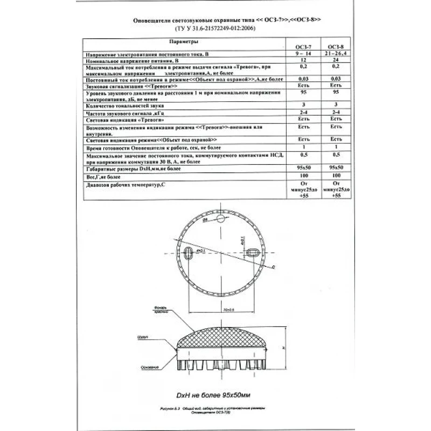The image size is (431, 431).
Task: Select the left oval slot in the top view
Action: [x=189, y=252]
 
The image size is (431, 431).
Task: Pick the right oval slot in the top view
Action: [x=252, y=251]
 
